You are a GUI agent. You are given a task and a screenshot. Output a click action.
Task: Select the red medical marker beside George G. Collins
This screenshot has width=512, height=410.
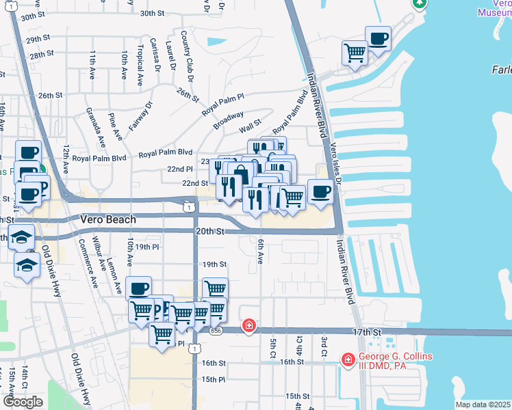point(348,359)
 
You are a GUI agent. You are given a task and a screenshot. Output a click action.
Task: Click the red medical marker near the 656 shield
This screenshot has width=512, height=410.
point(249,325)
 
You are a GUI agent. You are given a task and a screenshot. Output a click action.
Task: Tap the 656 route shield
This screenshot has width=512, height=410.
point(216,331)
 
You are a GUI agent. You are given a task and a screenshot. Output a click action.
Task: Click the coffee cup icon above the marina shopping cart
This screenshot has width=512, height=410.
point(378,38)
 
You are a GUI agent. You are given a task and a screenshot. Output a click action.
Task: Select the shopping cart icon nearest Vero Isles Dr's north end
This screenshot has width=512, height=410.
point(354,52)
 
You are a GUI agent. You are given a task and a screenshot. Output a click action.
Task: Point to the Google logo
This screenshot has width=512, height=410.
point(23,402)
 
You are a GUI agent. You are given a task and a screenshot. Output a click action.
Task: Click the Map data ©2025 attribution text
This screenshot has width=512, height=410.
point(483,405)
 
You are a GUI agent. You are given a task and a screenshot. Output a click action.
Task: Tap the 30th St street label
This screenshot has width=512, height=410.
point(152,13)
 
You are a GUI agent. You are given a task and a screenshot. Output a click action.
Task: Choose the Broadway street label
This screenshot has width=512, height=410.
point(228,122)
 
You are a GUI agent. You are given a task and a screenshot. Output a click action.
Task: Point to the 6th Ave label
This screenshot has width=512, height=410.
point(260,251)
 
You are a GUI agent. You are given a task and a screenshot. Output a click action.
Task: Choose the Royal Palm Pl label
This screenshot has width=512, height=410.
point(222,104)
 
